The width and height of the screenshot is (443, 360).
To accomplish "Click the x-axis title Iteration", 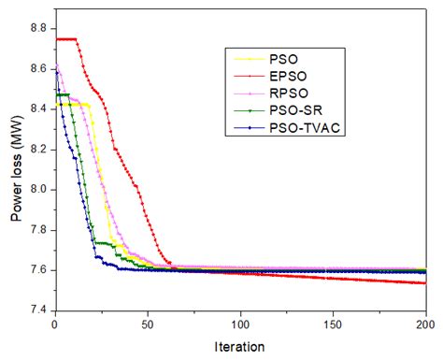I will [239, 346].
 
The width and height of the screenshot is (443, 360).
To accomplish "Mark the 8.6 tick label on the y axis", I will [40, 69].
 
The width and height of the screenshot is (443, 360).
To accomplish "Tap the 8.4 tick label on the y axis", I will [40, 109].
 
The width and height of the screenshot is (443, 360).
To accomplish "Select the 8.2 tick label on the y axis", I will [40, 150].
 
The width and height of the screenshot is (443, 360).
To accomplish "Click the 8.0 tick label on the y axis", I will [40, 190].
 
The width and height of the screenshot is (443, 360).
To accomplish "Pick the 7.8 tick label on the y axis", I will [40, 230].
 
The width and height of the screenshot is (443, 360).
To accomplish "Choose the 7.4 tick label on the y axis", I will [40, 310].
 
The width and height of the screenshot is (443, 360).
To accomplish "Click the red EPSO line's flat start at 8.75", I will [64, 39].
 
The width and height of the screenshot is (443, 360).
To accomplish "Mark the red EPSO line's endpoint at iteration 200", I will [424, 282].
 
